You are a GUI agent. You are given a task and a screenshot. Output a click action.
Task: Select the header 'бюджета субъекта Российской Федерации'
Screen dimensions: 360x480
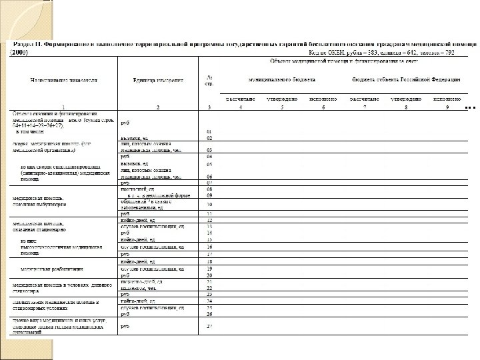point(407,79)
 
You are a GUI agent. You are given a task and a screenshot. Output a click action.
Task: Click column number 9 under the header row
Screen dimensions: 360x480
point(447,107)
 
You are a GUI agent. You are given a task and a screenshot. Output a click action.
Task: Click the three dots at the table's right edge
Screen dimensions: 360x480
point(469,107)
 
